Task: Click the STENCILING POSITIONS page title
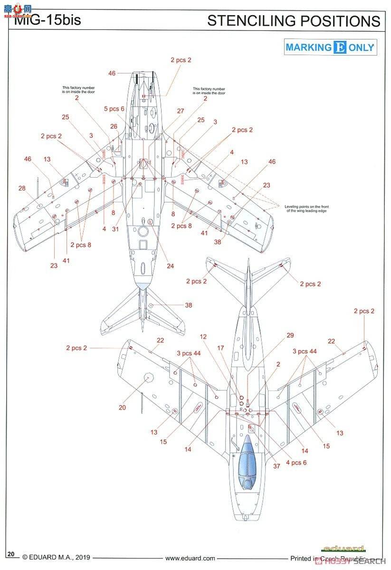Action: tap(294, 21)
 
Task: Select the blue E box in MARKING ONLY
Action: tap(340, 47)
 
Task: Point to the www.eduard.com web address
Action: tap(190, 559)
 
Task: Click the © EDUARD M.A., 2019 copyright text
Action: tap(56, 559)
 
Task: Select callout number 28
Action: tap(22, 189)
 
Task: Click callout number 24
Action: tap(170, 266)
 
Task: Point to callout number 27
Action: tap(181, 111)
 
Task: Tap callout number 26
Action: tap(114, 126)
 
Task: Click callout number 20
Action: tap(123, 408)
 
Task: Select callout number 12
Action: tap(203, 336)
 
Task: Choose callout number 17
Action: tap(220, 348)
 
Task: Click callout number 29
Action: tap(290, 335)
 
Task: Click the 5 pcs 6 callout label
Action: tap(114, 109)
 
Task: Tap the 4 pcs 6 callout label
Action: tap(296, 462)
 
